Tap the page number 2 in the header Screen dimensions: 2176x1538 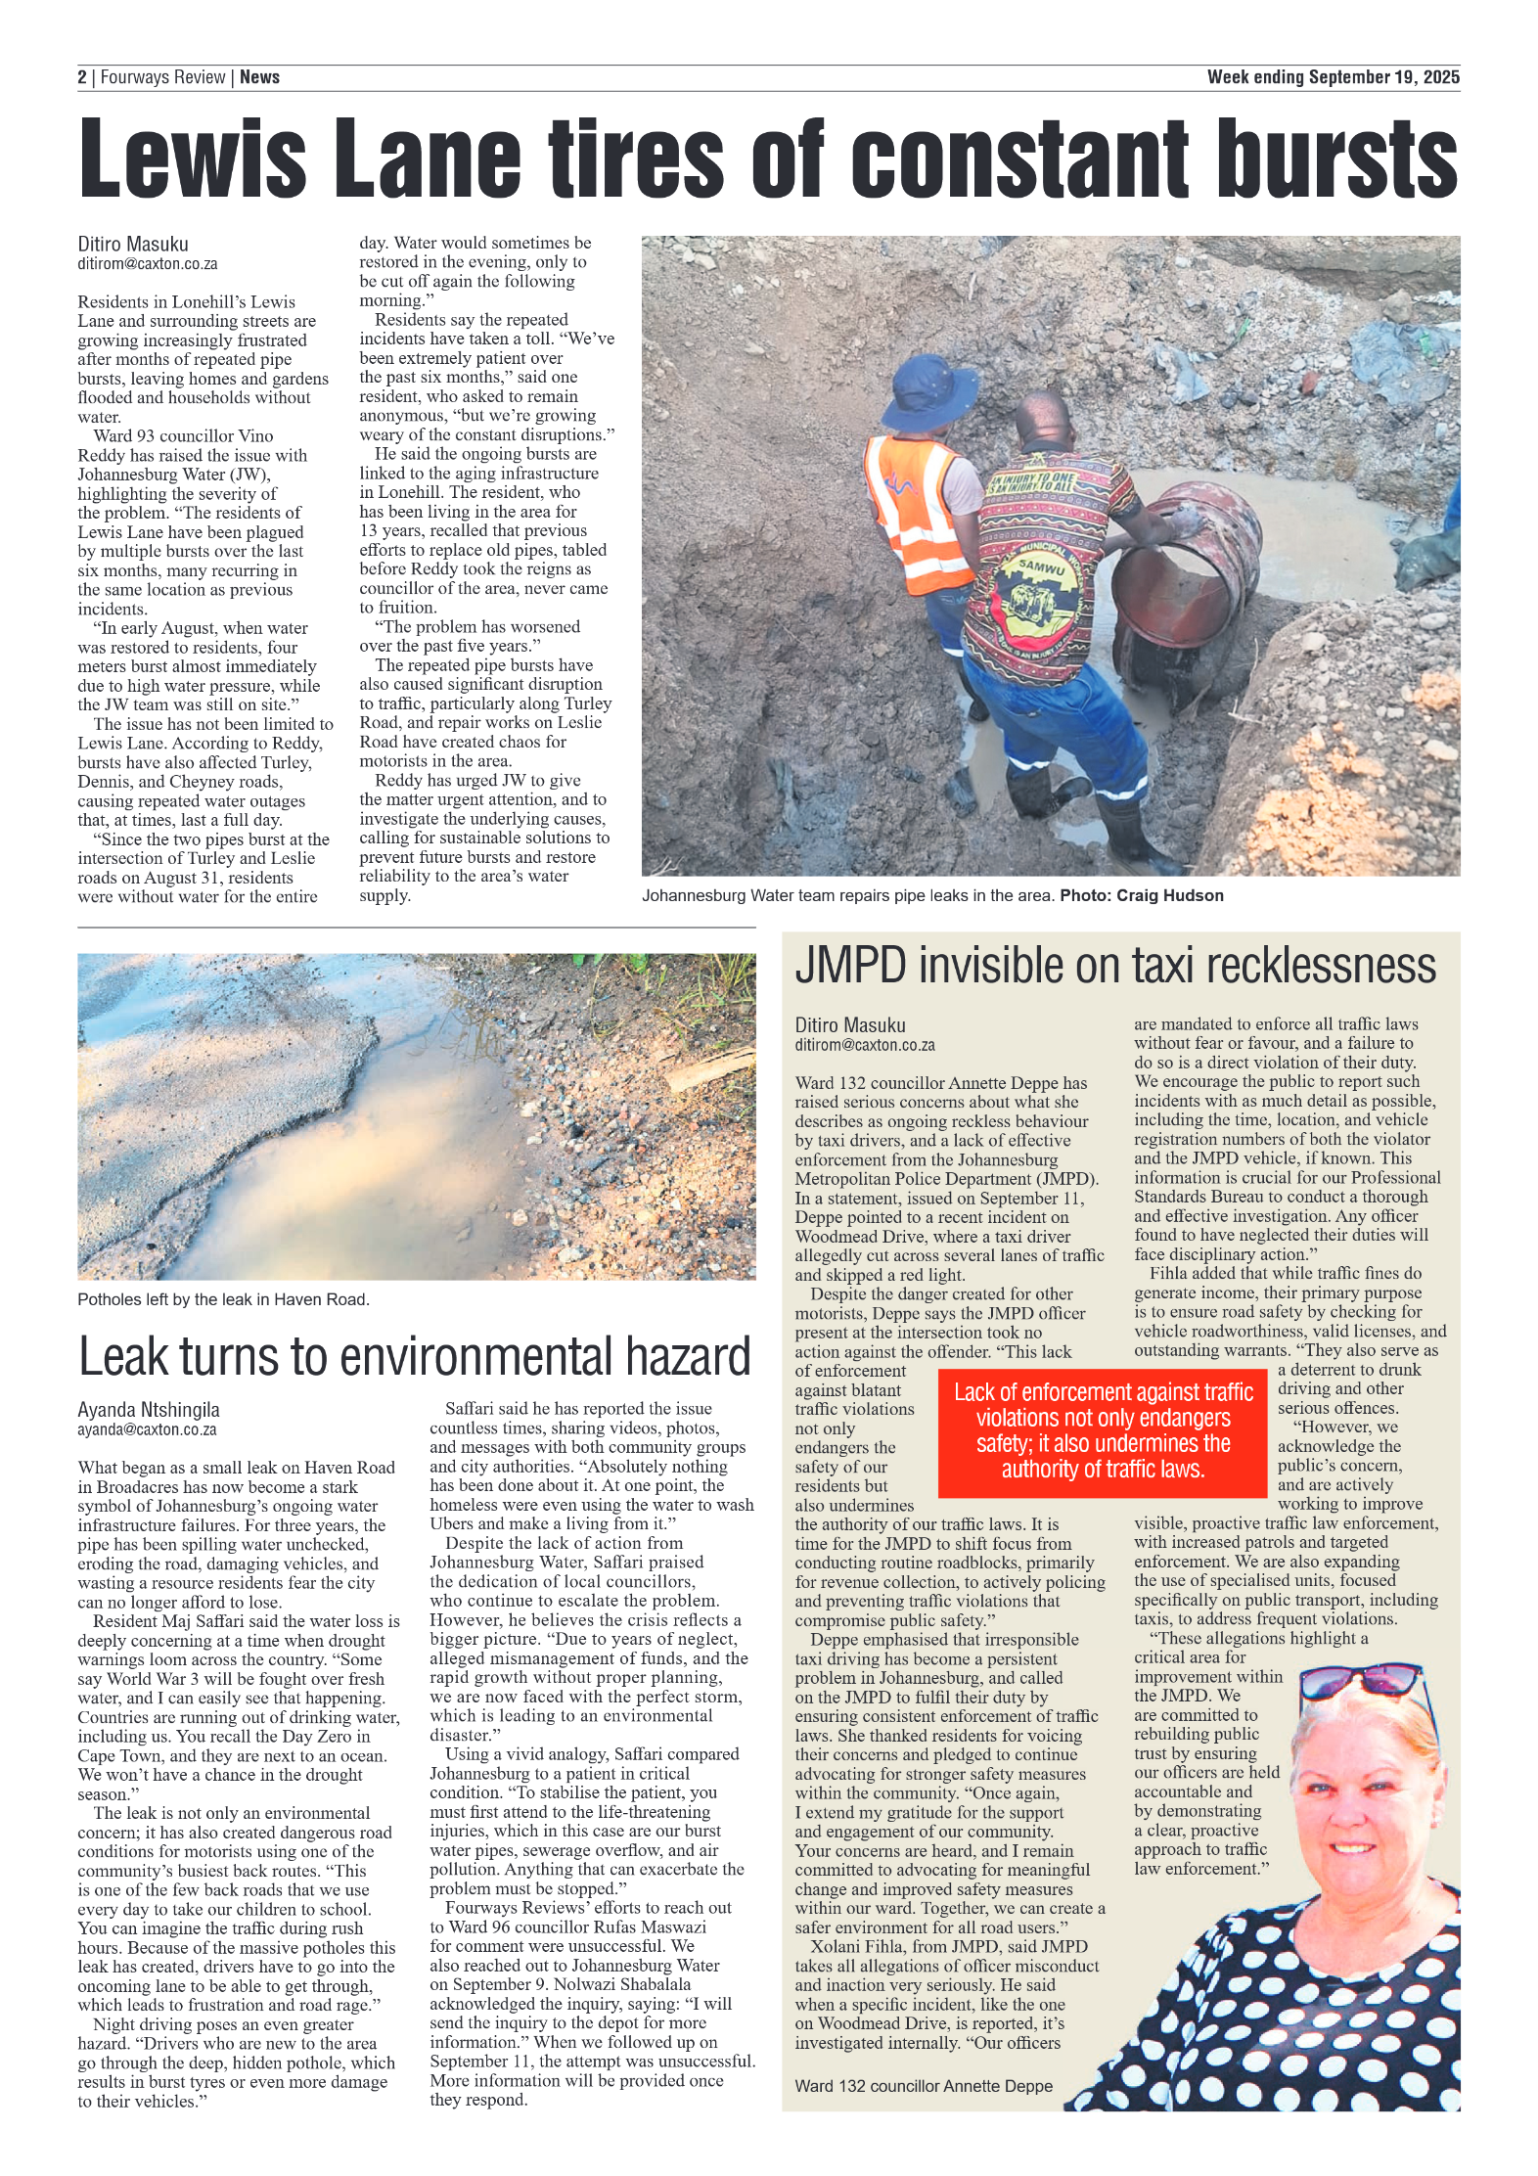(82, 77)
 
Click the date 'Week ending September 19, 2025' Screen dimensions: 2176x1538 (1333, 77)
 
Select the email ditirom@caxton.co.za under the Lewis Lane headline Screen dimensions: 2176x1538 (148, 264)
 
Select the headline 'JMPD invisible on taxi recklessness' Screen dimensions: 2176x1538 (1115, 967)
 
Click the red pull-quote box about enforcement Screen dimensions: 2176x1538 (1103, 1430)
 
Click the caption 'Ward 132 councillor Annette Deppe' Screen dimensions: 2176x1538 (923, 2086)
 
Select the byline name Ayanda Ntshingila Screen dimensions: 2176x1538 (149, 1410)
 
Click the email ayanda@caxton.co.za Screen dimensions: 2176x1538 (147, 1429)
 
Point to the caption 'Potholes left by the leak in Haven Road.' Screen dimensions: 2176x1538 (223, 1299)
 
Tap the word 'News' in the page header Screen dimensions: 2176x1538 (259, 77)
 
